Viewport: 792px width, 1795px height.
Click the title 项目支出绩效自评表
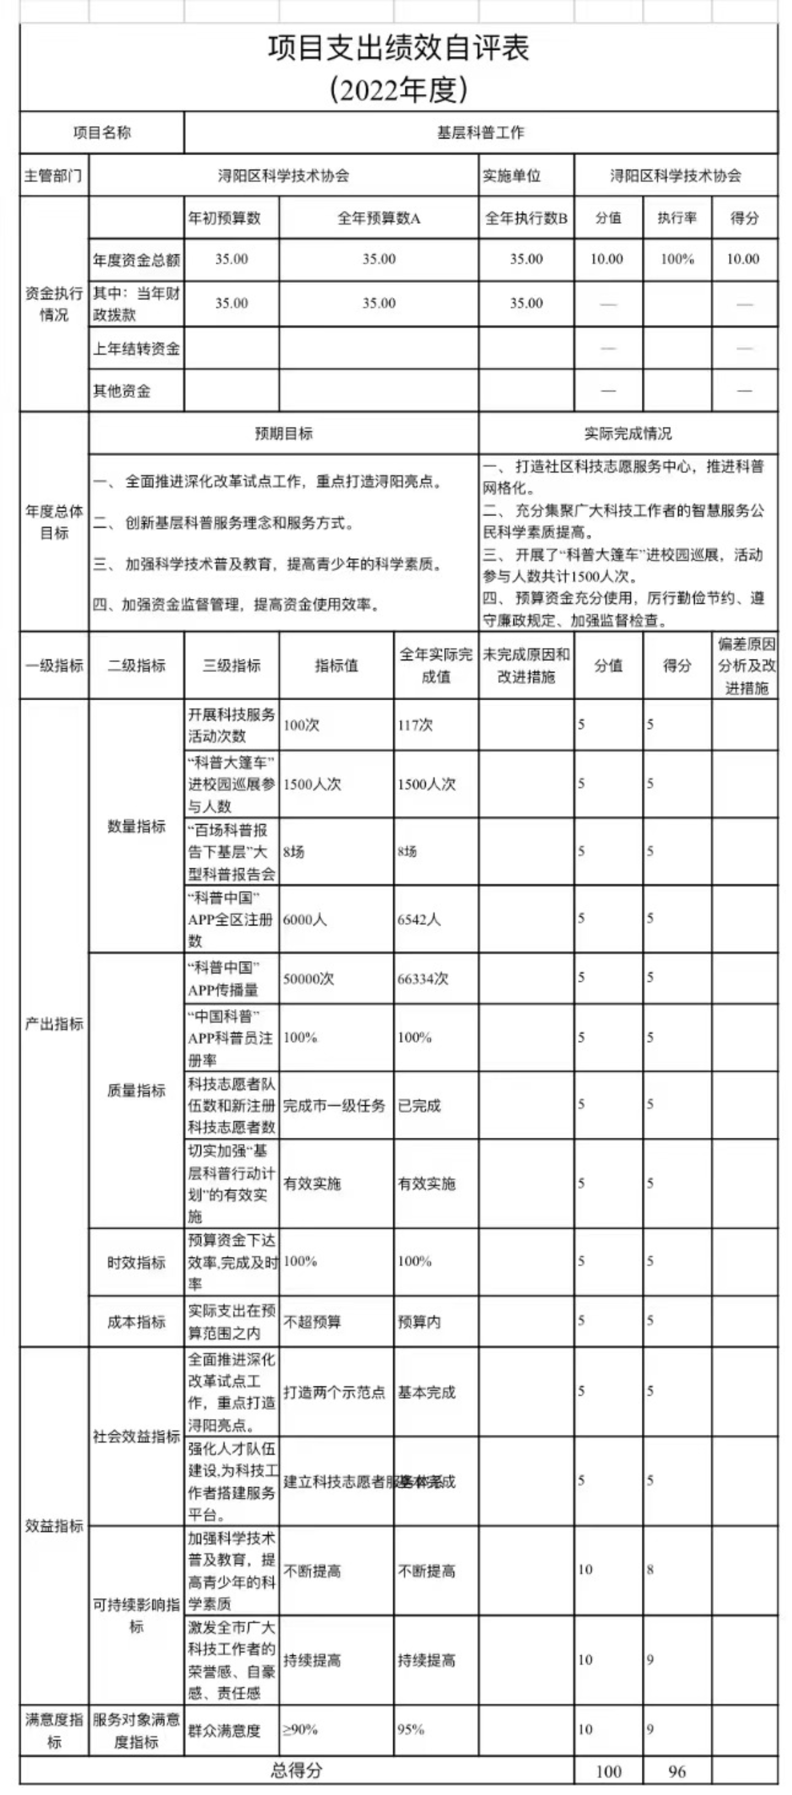click(399, 49)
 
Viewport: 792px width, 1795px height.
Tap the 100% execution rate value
click(676, 259)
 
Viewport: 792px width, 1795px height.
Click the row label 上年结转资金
click(137, 348)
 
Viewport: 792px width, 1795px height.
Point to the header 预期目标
click(283, 433)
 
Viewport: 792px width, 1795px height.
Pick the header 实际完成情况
click(627, 433)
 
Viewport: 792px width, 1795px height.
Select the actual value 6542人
click(419, 919)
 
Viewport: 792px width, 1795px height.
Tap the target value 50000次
click(308, 978)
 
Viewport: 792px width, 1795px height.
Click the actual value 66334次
click(423, 978)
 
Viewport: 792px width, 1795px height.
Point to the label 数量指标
click(137, 826)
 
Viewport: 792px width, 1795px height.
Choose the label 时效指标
click(137, 1262)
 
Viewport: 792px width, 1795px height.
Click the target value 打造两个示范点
click(334, 1392)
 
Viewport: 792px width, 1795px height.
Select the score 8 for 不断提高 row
click(650, 1569)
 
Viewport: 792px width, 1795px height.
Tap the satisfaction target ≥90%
click(300, 1729)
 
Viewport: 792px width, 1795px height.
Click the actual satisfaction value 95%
click(411, 1729)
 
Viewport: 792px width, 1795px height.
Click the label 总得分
click(297, 1770)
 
